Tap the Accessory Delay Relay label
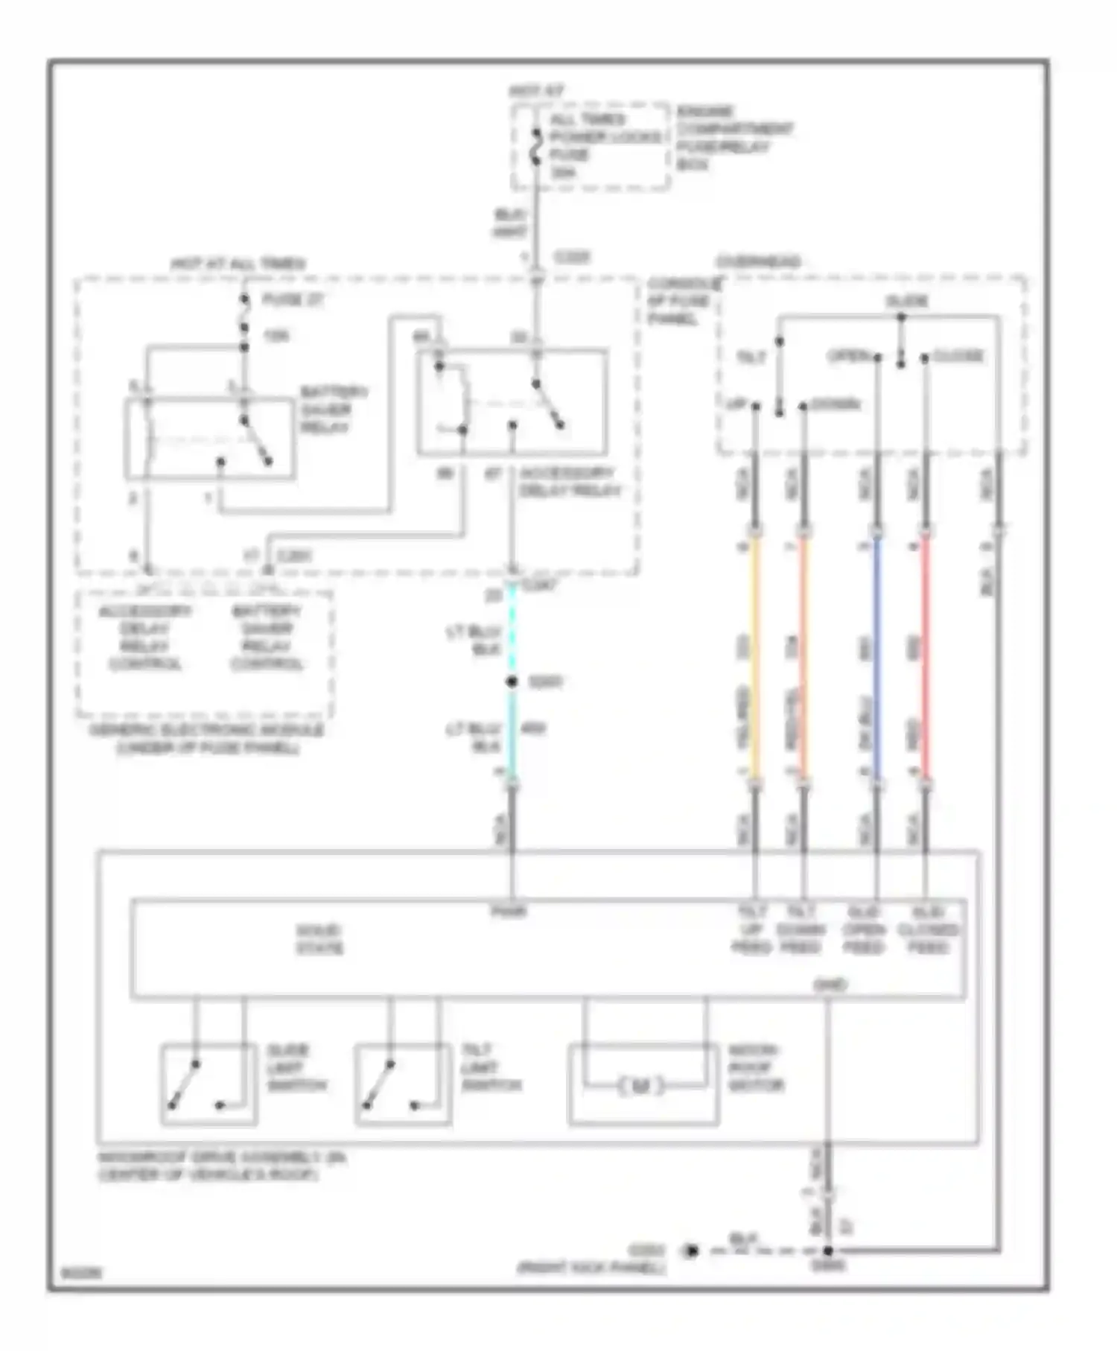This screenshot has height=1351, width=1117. click(x=569, y=482)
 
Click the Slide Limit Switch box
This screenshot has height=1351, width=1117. click(x=209, y=1085)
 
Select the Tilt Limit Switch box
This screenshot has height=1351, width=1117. click(x=403, y=1085)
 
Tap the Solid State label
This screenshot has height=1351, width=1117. click(x=319, y=940)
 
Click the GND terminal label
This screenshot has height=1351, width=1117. click(x=830, y=985)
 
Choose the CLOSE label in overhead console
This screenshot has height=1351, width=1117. click(x=958, y=356)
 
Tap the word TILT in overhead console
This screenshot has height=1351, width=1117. click(x=751, y=357)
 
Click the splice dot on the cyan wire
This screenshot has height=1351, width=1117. click(x=512, y=681)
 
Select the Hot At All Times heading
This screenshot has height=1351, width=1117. click(x=238, y=264)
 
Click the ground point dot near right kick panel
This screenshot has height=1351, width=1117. click(x=692, y=1251)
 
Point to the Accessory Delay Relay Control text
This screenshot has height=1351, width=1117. click(x=145, y=638)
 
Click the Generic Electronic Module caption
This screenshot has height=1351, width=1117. click(x=207, y=739)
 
